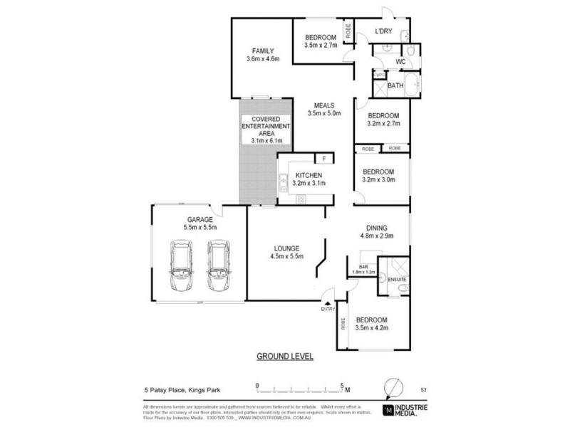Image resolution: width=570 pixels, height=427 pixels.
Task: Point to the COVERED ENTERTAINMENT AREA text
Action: [x=265, y=130]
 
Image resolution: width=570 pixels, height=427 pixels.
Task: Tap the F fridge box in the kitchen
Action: [x=324, y=158]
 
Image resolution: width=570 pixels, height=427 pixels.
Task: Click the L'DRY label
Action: [x=385, y=31]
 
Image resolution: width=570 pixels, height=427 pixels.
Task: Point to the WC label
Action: [x=400, y=62]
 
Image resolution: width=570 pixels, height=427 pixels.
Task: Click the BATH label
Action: [x=395, y=86]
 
